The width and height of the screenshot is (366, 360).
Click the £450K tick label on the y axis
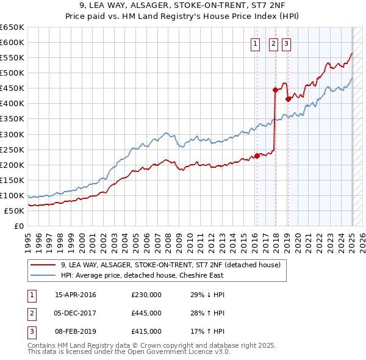[12, 88]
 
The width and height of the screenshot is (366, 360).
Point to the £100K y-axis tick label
[12, 195]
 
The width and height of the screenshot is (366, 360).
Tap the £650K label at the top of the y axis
[12, 27]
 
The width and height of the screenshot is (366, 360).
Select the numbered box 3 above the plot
[286, 43]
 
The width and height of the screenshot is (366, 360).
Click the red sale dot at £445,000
[275, 90]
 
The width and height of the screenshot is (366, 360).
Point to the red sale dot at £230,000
[257, 156]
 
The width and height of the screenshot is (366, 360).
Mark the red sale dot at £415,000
[287, 99]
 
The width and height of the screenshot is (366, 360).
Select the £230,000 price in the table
[146, 295]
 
